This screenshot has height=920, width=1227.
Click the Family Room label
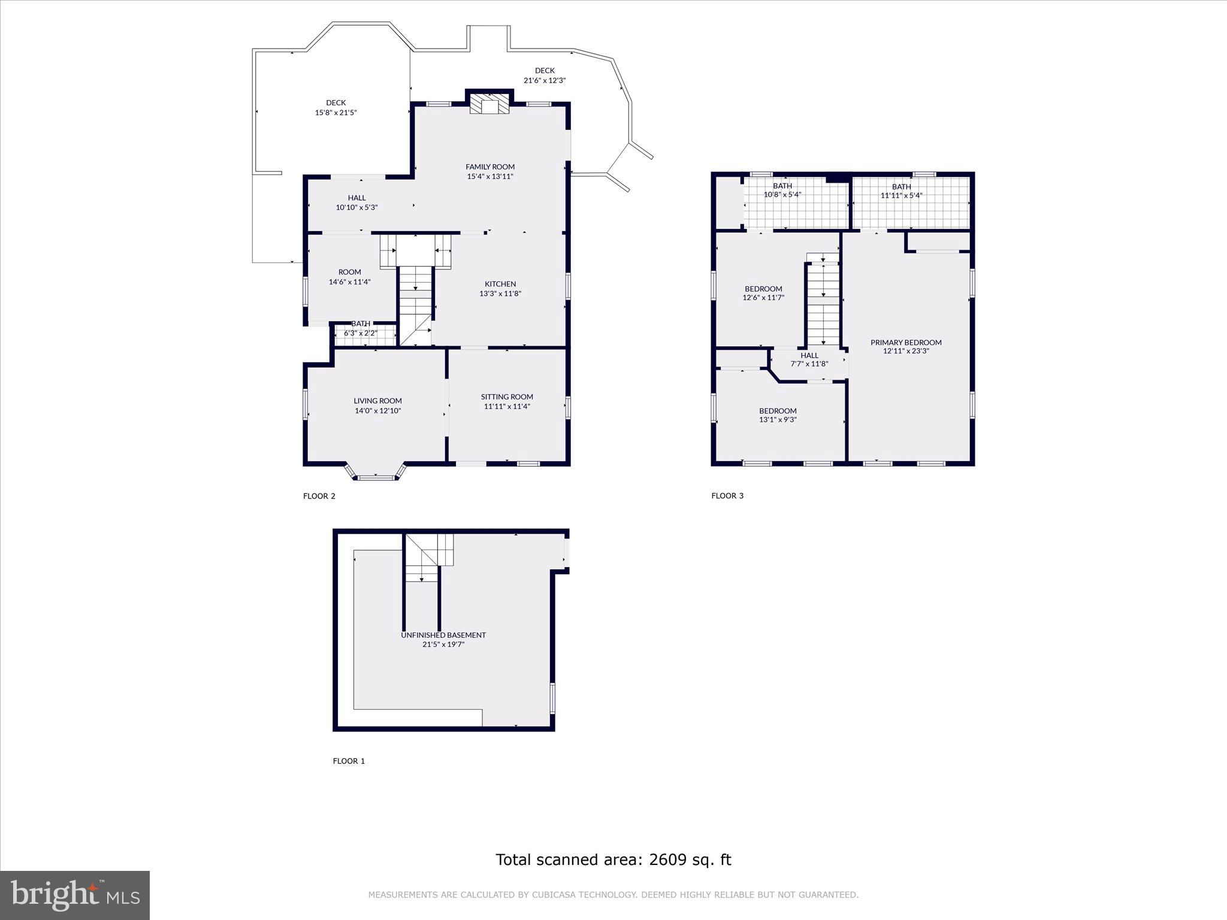coord(490,167)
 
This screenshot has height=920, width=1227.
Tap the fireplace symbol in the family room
coord(489,104)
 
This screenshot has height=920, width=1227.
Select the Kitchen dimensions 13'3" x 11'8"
coord(500,293)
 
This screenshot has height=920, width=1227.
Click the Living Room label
coord(377,401)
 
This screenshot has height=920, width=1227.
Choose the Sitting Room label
coord(507,397)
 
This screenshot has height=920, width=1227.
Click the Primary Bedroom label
coord(905,343)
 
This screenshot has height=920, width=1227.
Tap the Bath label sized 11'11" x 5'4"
coord(901,187)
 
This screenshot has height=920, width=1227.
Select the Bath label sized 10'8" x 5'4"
coord(782,186)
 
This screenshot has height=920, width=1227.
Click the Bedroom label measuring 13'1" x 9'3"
coord(778,411)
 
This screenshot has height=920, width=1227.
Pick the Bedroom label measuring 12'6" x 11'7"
coord(763,289)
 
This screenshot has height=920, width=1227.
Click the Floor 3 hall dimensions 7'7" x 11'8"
coord(809,364)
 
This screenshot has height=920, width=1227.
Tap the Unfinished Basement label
coord(443,635)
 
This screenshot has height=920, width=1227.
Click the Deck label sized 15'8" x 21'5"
coord(336,103)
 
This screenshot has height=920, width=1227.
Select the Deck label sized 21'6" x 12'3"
coord(544,71)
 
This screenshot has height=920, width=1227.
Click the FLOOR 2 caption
coord(319,496)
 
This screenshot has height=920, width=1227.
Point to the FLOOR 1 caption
coord(349,761)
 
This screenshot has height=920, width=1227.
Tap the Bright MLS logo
coord(74,895)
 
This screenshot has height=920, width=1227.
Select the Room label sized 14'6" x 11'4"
coord(349,273)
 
